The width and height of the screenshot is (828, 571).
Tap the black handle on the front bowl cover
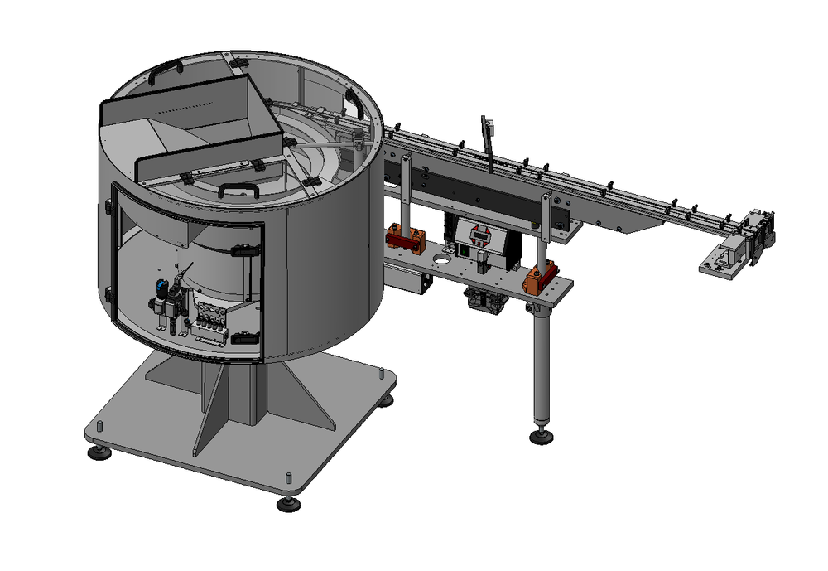coord(238,189)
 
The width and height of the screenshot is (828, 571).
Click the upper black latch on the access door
coord(242,249)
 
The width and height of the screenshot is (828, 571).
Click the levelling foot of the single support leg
coord(542,436)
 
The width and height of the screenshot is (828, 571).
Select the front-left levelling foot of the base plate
coord(100,452)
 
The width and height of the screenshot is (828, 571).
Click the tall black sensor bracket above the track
coord(488,145)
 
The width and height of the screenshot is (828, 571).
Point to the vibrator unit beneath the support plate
coord(485,300)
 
